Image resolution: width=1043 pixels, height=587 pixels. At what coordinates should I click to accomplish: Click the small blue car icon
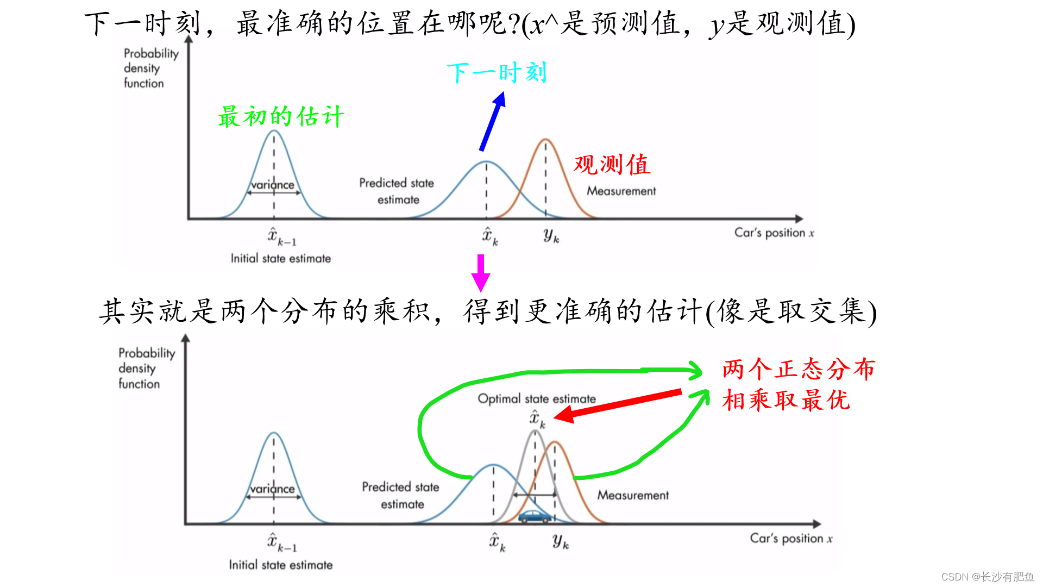535,516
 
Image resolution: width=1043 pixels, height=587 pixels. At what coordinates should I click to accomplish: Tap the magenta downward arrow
481,273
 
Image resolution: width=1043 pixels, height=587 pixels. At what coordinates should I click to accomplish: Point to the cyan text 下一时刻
497,73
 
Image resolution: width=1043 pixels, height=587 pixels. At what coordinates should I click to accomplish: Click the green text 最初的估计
281,117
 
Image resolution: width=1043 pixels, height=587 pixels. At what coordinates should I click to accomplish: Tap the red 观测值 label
612,165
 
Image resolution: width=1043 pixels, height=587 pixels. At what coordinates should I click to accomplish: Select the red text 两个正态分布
799,370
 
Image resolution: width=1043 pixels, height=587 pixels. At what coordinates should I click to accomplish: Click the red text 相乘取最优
786,401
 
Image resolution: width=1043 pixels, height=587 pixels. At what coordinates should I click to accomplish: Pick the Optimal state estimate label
537,399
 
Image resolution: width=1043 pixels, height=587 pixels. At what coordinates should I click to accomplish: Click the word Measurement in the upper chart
621,191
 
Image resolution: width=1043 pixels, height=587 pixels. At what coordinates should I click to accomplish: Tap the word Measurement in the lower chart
633,495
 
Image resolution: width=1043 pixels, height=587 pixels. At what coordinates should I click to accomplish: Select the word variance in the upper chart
273,185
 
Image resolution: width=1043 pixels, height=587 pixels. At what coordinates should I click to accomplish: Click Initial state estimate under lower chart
280,565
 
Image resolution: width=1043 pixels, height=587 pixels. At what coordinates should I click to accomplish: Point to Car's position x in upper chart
774,233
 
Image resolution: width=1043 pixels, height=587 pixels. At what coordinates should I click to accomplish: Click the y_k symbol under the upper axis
551,235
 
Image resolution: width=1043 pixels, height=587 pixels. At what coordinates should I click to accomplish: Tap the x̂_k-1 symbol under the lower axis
281,542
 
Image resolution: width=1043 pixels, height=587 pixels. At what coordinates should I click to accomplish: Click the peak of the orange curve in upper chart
545,140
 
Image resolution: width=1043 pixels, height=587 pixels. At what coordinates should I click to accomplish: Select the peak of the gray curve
535,431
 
